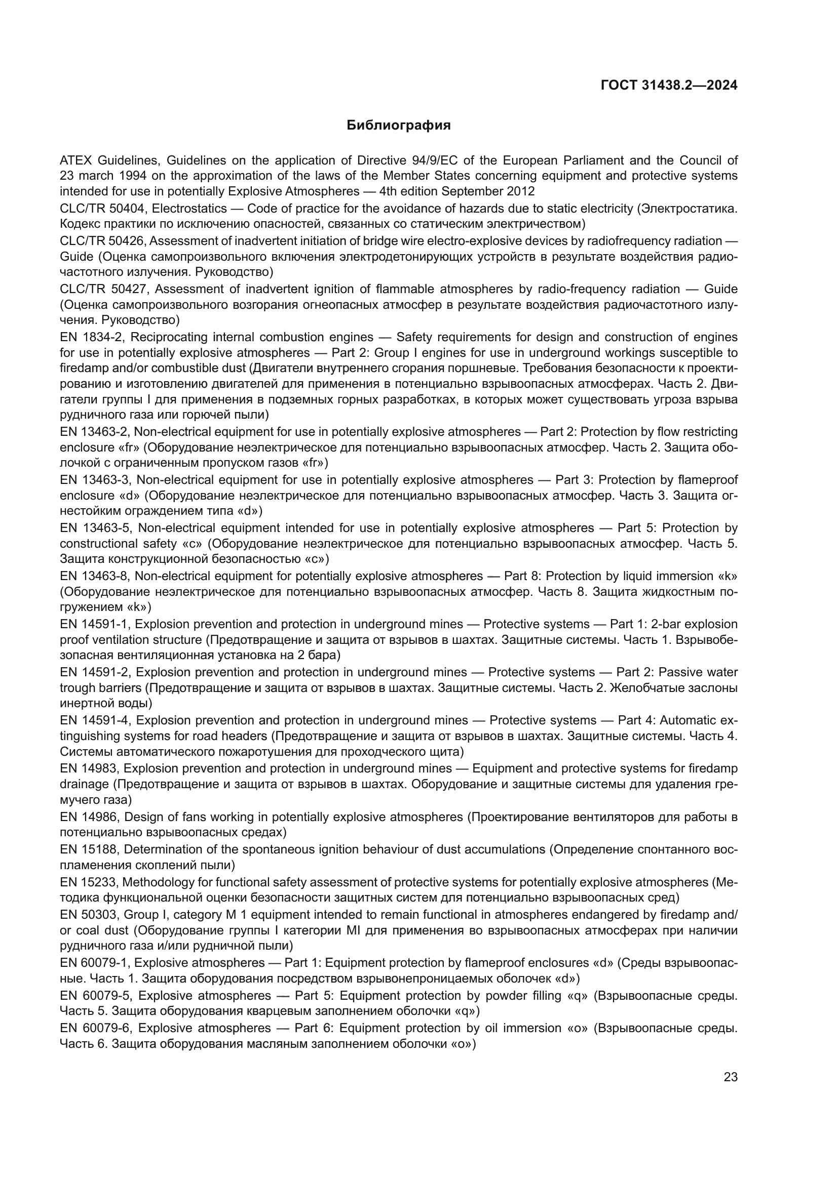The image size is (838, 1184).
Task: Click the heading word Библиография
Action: tap(398, 126)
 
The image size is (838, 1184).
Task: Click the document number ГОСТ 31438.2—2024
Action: tap(669, 86)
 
